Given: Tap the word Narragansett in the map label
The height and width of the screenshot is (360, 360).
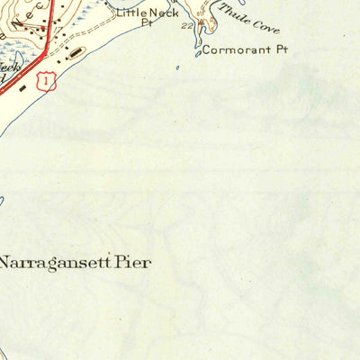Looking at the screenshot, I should click(x=54, y=264).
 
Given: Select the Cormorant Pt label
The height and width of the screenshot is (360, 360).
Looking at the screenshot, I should click(x=243, y=50).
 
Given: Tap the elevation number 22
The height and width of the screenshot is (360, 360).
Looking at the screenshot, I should click(x=187, y=27).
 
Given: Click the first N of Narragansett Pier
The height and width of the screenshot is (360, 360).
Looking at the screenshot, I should click(x=6, y=264).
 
